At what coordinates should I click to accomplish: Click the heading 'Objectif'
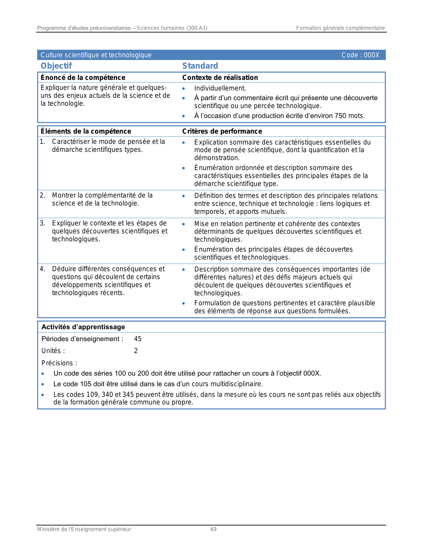click(x=56, y=66)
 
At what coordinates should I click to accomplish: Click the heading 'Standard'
click(x=200, y=66)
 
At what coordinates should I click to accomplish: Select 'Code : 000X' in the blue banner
click(x=360, y=55)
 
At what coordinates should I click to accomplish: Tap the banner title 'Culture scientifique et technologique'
click(x=96, y=55)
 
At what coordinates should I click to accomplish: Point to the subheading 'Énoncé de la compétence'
click(x=83, y=78)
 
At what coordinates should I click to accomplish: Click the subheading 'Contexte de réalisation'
click(x=220, y=78)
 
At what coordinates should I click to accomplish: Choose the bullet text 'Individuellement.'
click(x=220, y=88)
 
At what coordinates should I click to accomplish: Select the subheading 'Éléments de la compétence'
click(x=86, y=131)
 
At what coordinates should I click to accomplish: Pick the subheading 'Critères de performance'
click(x=222, y=131)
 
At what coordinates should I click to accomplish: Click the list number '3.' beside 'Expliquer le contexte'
click(x=42, y=223)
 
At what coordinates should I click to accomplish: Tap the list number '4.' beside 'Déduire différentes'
click(x=42, y=269)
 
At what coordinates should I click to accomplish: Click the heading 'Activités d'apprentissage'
click(x=83, y=327)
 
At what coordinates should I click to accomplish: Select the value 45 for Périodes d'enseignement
click(x=138, y=339)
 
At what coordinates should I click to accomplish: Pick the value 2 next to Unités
click(x=136, y=351)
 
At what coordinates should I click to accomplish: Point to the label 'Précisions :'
click(x=59, y=363)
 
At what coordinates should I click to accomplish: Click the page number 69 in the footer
click(x=213, y=529)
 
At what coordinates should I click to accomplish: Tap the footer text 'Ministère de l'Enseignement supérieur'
click(x=84, y=529)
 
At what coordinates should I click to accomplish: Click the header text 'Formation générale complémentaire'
click(x=340, y=28)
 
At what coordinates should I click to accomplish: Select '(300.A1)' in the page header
click(x=197, y=28)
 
